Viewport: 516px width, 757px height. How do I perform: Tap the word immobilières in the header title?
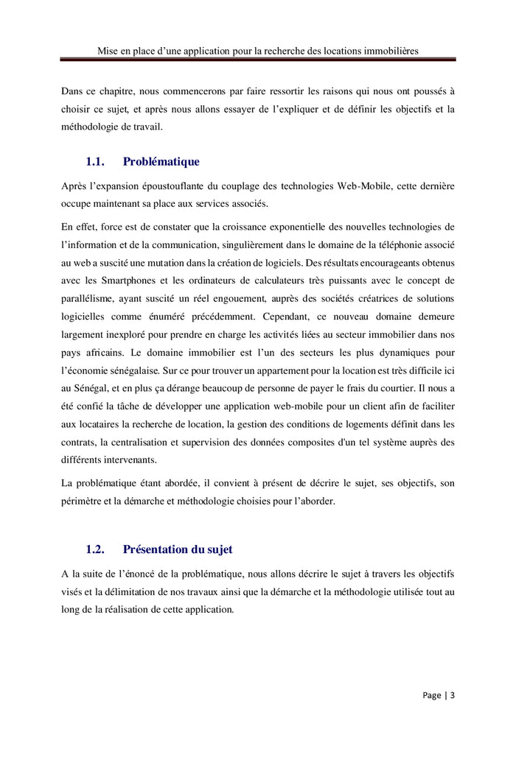click(x=387, y=51)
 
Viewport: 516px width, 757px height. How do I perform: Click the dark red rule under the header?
click(x=258, y=60)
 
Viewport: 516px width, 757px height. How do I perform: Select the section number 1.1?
click(x=96, y=161)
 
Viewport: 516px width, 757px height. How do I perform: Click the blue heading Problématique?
click(x=161, y=161)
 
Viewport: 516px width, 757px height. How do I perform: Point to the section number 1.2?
click(x=96, y=549)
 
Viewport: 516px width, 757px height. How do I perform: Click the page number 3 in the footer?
click(x=453, y=695)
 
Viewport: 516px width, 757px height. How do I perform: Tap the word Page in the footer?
click(x=432, y=695)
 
